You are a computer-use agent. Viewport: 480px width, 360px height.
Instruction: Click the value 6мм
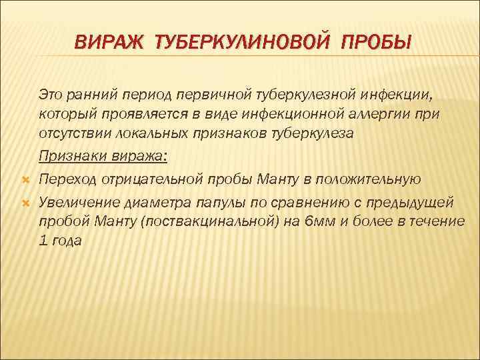(319, 221)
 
